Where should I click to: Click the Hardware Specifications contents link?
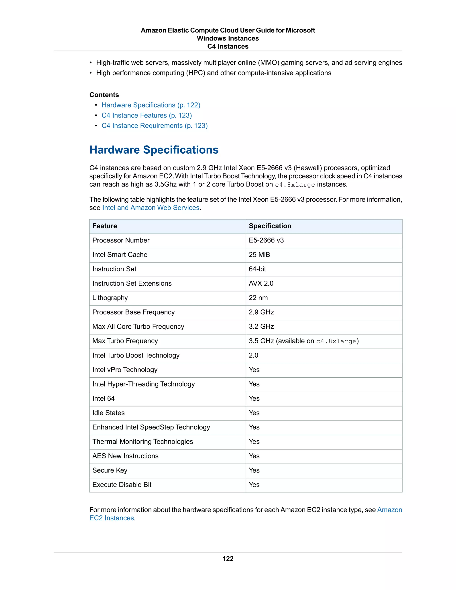(x=151, y=105)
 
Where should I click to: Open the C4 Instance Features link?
(x=147, y=115)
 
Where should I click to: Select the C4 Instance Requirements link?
(x=155, y=126)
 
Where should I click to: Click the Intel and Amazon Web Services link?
(x=151, y=208)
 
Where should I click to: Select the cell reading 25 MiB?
(x=259, y=255)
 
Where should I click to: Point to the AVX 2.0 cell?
(x=261, y=283)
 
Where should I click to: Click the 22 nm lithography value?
(x=258, y=298)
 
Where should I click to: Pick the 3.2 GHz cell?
(x=261, y=327)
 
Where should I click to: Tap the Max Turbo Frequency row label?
(x=125, y=341)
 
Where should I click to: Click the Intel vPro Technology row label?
(x=125, y=370)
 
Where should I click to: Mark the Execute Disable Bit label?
(x=122, y=485)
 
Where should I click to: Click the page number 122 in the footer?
(x=228, y=559)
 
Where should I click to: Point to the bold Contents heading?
(x=104, y=95)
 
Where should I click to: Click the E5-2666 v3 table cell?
(x=266, y=240)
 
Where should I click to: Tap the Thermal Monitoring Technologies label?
(x=143, y=442)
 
